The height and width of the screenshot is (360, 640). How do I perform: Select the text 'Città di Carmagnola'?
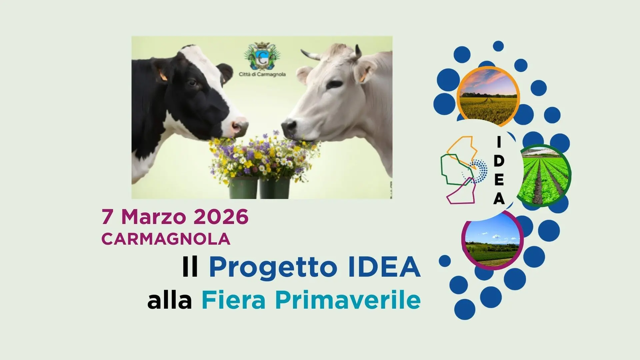click(262, 74)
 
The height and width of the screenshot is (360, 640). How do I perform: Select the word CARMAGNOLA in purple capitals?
click(166, 239)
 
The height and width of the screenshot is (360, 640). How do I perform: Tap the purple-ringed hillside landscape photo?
click(492, 239)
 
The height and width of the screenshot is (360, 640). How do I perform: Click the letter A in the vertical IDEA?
click(499, 199)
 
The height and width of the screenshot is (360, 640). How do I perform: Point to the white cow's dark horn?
click(358, 52)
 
